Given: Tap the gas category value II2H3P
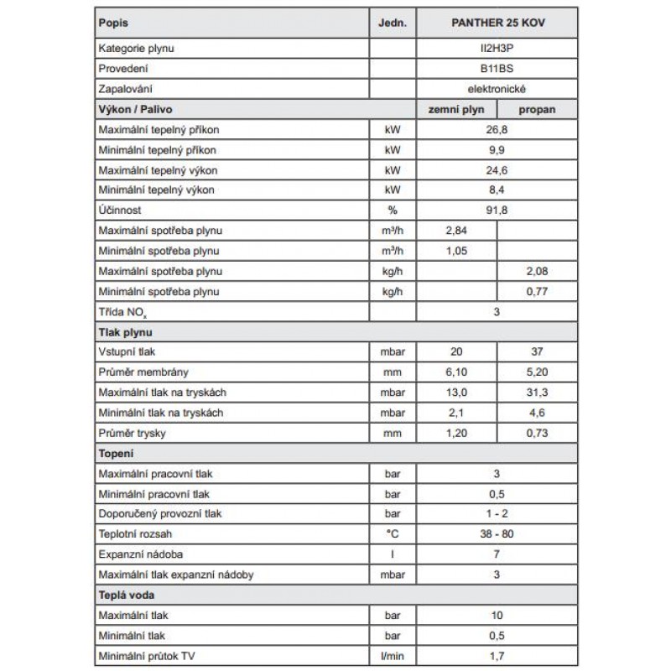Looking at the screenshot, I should tap(499, 49).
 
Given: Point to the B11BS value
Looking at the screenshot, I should tap(499, 68).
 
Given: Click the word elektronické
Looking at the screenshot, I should tap(499, 88).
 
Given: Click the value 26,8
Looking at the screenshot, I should tap(499, 130).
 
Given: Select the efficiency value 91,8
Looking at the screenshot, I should tap(499, 211).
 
